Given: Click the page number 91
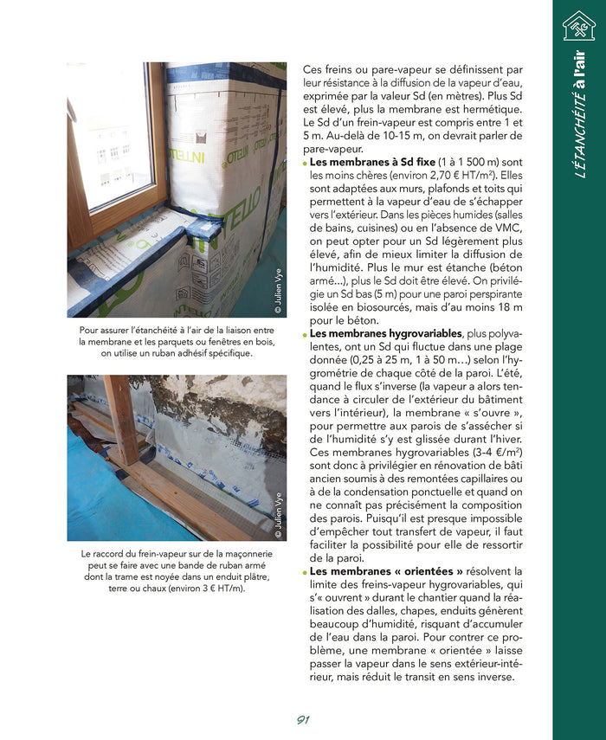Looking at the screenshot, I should pyautogui.click(x=303, y=720).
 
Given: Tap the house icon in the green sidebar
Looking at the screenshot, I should pyautogui.click(x=578, y=26).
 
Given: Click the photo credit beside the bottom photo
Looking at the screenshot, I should pyautogui.click(x=278, y=515).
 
